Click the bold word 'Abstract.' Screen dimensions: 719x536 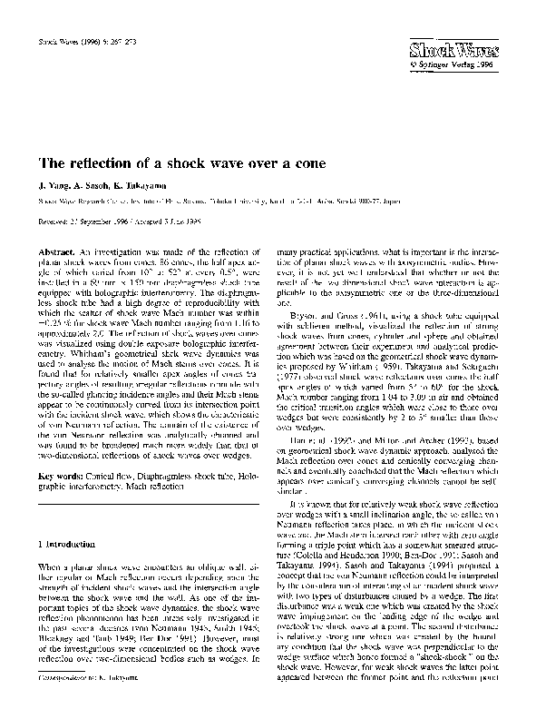(x=54, y=249)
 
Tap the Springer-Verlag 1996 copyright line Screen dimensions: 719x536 (x=473, y=65)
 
